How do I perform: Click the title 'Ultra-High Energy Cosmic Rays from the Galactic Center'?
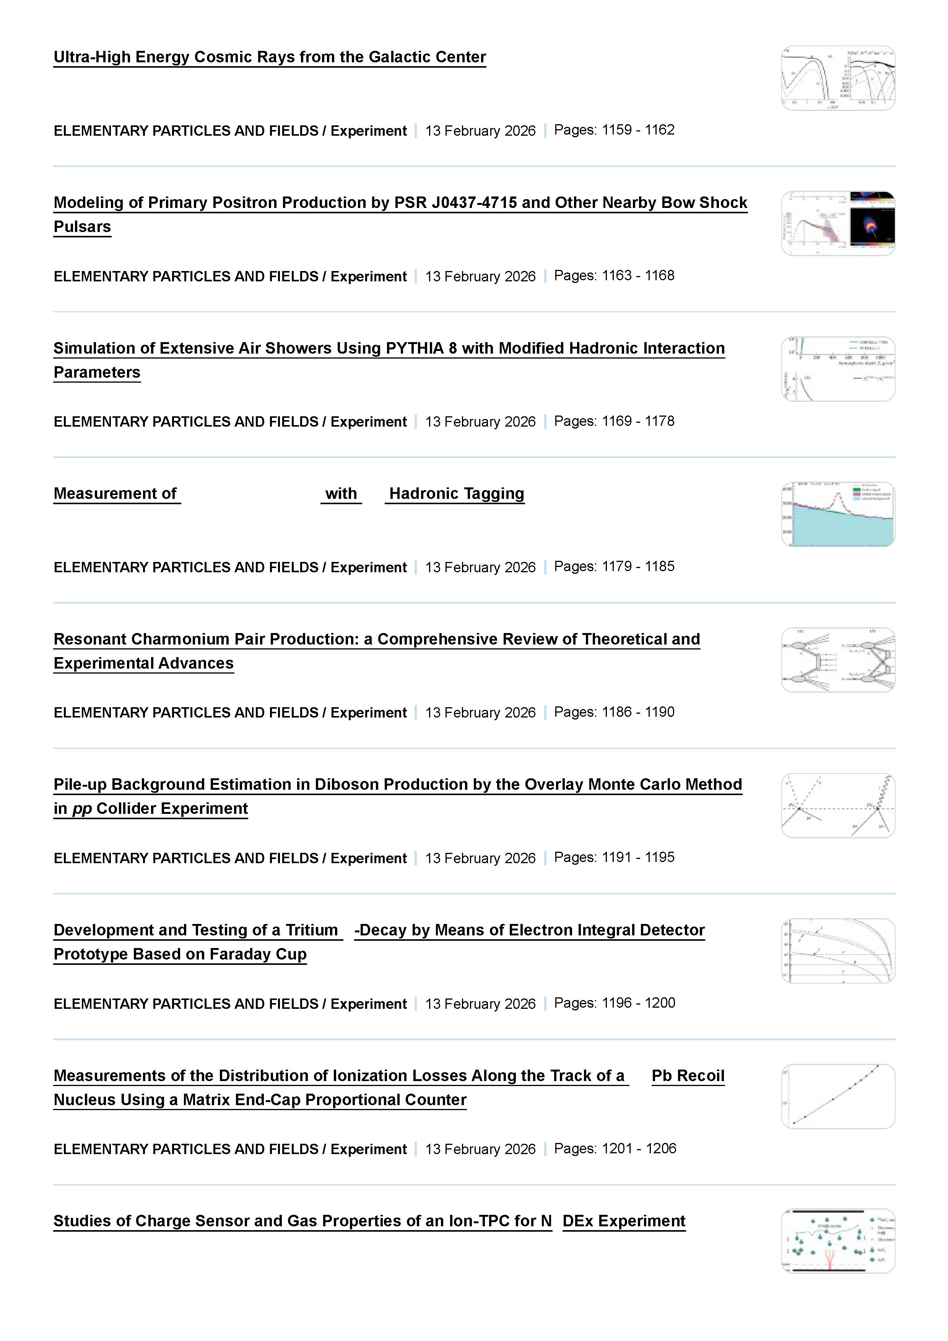[x=269, y=57]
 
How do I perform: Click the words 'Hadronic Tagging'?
[x=456, y=494]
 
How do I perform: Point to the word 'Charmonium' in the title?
[x=179, y=639]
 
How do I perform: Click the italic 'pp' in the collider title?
[x=82, y=808]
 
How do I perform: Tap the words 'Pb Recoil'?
[x=688, y=1075]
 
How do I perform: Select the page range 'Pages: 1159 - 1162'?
[x=614, y=130]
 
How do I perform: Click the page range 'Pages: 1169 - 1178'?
[x=614, y=421]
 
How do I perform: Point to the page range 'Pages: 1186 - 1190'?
[x=614, y=712]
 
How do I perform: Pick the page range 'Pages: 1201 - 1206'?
[x=615, y=1148]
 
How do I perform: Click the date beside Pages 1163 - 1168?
[x=480, y=276]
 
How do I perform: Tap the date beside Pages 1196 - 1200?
[x=480, y=1003]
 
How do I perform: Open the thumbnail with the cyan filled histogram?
[x=837, y=515]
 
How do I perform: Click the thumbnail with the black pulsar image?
[x=837, y=224]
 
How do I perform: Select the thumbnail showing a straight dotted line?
[x=837, y=1096]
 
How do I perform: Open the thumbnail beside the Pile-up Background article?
[x=837, y=805]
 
